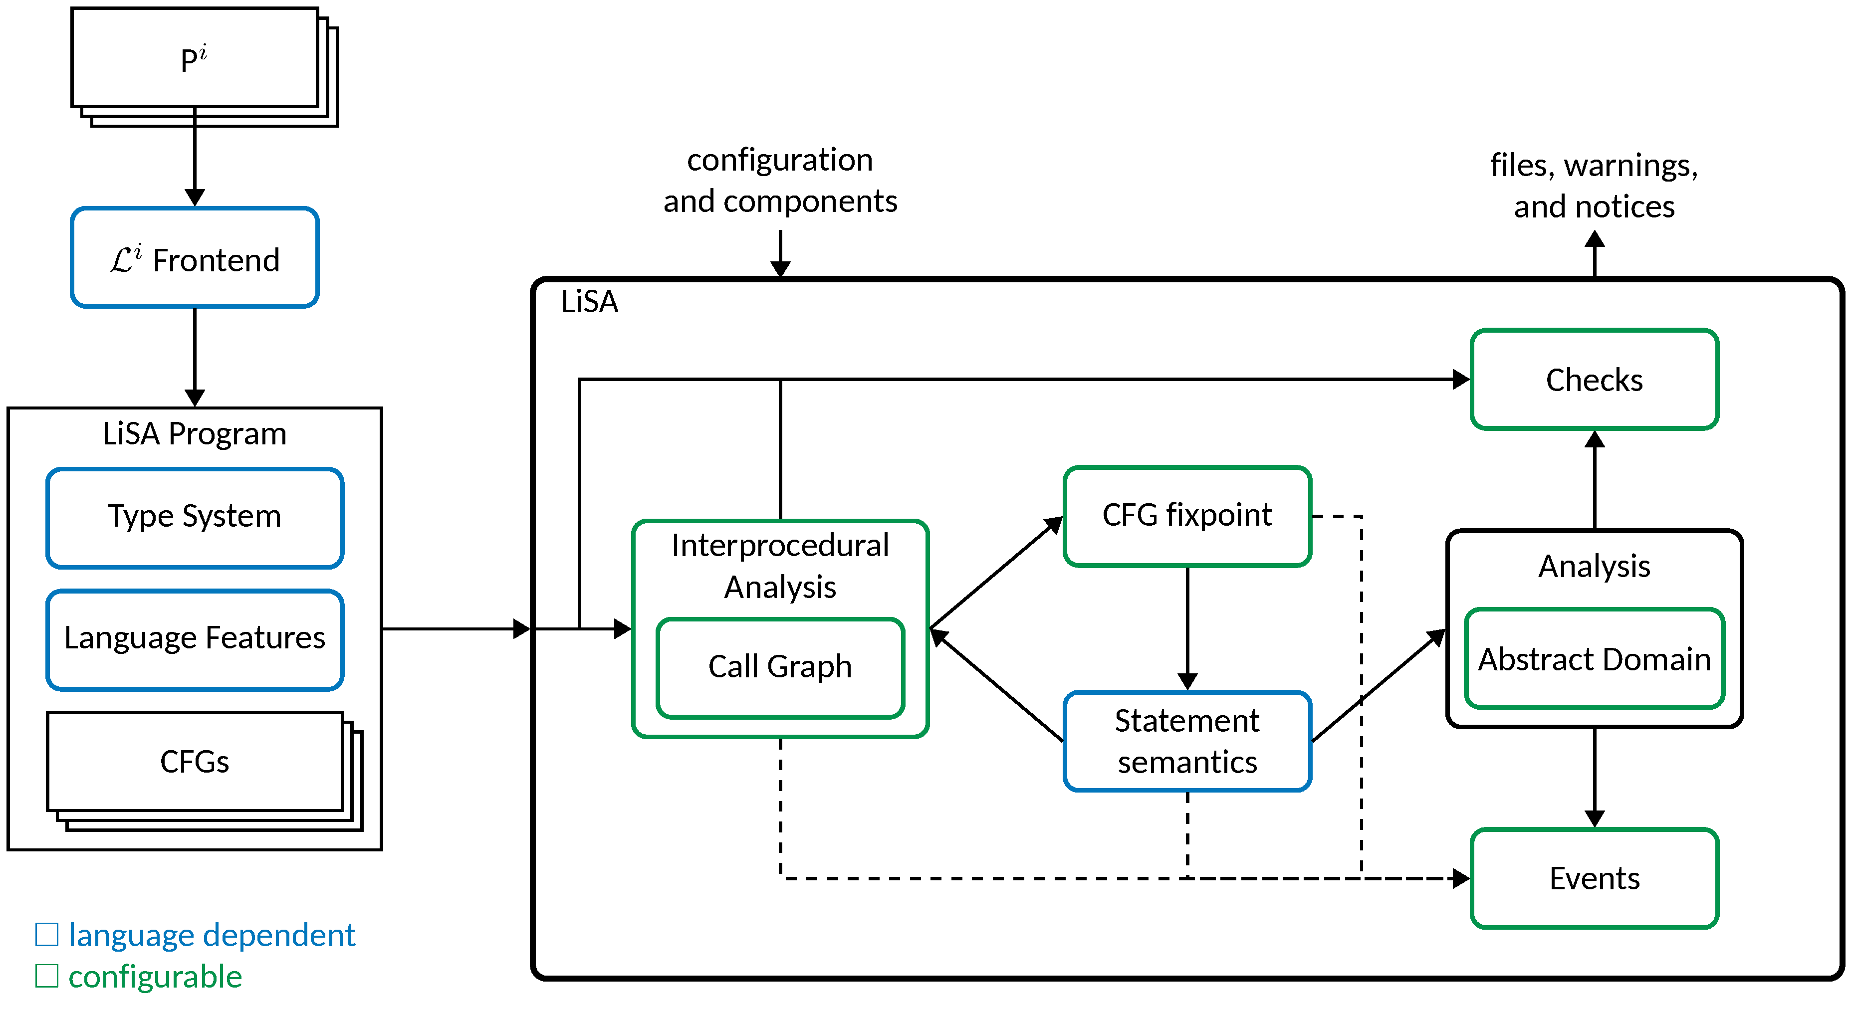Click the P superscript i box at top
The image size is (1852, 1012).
tap(194, 57)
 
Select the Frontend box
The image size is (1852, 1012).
tap(194, 258)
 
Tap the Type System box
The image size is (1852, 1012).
tap(194, 518)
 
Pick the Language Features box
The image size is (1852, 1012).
tap(194, 639)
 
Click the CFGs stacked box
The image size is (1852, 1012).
tap(194, 762)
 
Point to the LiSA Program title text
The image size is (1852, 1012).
tap(194, 433)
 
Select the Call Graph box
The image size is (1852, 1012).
tap(780, 667)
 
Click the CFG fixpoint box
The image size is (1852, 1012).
tap(1187, 515)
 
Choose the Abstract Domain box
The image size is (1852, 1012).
tap(1594, 658)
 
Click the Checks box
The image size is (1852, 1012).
tap(1594, 380)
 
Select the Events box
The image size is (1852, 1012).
tap(1594, 878)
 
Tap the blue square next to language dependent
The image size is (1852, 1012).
tap(47, 934)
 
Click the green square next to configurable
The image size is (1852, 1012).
tap(47, 976)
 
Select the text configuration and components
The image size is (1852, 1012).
tap(780, 180)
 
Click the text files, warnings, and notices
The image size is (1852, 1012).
tap(1594, 186)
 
